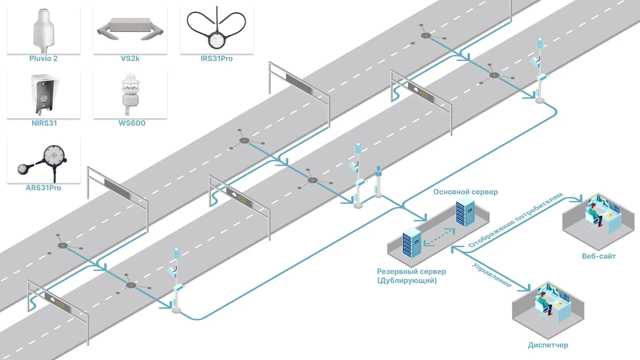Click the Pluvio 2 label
tap(44, 59)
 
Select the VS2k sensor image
tap(130, 29)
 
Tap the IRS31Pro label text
tap(216, 59)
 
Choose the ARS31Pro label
tap(44, 188)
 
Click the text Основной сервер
tap(465, 192)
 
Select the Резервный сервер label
tap(412, 272)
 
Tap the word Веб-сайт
tap(599, 256)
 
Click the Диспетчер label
tap(548, 345)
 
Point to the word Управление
tap(492, 275)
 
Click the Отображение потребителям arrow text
tap(516, 220)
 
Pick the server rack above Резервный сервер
tap(412, 243)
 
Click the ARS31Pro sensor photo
tap(43, 163)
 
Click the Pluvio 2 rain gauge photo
tap(44, 30)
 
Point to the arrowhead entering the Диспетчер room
tap(526, 288)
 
